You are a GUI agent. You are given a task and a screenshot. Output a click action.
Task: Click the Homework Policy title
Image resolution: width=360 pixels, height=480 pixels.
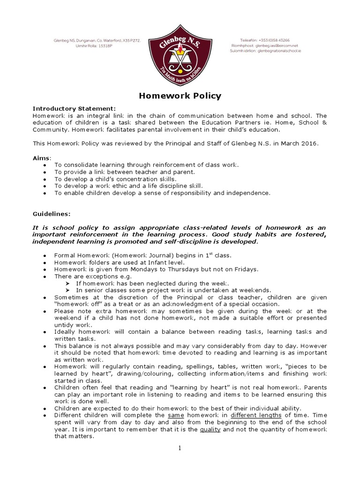(180, 96)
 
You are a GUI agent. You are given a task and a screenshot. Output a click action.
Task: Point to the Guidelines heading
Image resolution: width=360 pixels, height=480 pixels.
(52, 213)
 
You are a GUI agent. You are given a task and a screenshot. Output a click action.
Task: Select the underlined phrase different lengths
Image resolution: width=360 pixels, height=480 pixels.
(256, 415)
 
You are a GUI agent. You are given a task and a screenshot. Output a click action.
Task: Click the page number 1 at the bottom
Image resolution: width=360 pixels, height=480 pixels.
(180, 448)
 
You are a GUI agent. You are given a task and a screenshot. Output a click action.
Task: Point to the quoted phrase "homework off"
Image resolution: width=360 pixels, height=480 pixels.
(76, 303)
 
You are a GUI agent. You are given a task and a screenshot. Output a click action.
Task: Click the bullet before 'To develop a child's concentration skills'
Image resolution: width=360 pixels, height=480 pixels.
(44, 179)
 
